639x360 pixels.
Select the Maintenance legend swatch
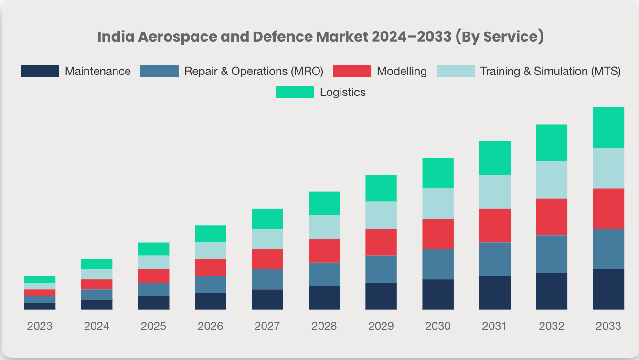40,71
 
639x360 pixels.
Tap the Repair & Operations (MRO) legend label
254,71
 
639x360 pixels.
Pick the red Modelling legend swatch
351,71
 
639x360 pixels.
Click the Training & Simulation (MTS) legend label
550,71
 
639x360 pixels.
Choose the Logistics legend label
342,92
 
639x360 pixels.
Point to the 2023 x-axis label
40,326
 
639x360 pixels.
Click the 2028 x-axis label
324,326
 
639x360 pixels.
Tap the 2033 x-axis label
608,326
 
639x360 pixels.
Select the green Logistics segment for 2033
608,127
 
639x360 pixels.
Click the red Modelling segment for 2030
438,233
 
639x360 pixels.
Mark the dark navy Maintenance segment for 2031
495,293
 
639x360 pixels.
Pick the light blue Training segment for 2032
552,180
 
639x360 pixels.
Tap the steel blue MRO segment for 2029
381,269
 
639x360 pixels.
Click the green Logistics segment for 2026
210,233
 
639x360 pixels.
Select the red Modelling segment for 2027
267,259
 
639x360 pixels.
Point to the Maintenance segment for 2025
153,303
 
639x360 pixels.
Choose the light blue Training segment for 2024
96,274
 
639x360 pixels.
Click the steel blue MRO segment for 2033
608,249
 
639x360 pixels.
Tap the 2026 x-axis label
210,326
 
